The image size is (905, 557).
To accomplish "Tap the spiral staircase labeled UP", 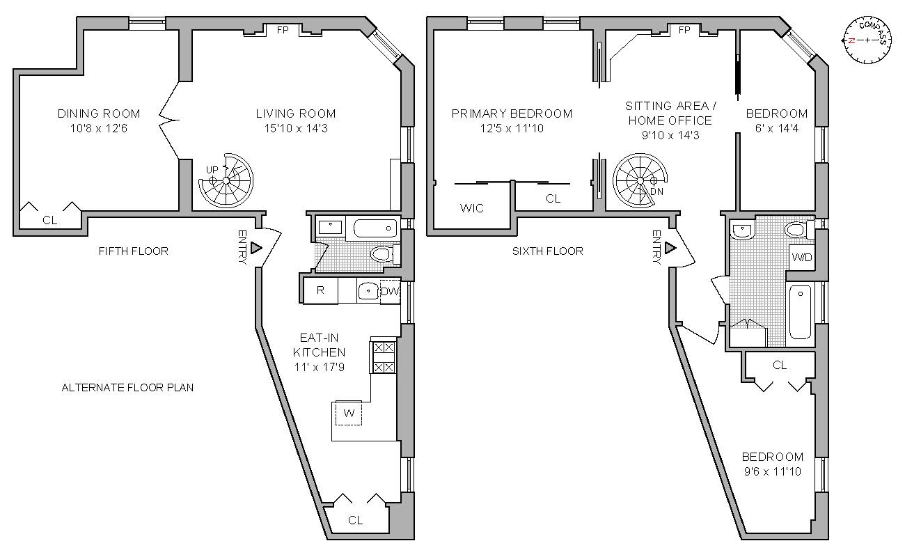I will click(x=226, y=180).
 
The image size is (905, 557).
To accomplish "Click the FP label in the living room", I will click(x=283, y=31).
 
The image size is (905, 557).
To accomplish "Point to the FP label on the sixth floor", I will click(x=684, y=31).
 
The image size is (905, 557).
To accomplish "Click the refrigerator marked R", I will click(x=320, y=290).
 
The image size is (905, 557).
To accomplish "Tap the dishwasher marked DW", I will click(x=390, y=292).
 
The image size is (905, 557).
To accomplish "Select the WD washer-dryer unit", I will click(x=801, y=258).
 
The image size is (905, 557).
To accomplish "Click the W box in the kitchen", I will click(x=349, y=414).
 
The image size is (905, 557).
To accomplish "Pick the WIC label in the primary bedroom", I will click(x=472, y=208).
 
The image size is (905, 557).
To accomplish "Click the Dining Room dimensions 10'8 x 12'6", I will click(x=98, y=128).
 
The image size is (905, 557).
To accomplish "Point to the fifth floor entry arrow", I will click(x=255, y=248).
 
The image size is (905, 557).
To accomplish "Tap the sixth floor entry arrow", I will click(x=670, y=248).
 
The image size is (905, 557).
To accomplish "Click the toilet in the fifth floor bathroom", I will click(x=381, y=254).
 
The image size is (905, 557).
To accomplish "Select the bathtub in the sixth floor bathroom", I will click(x=800, y=313).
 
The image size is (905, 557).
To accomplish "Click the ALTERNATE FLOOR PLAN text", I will click(x=127, y=387).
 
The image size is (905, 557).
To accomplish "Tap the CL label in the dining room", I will click(x=49, y=220).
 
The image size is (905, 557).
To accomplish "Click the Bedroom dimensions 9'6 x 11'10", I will click(x=772, y=471).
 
